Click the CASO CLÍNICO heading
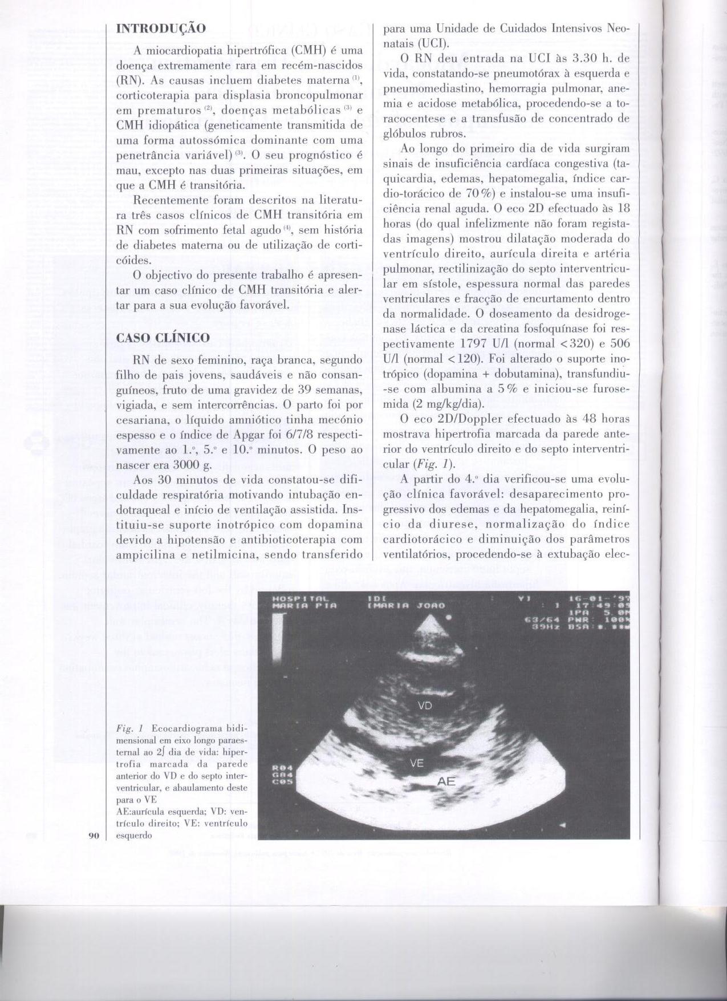tap(163, 338)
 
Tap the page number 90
tap(94, 836)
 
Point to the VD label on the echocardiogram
tap(425, 706)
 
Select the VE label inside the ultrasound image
tap(417, 763)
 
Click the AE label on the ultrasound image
tap(446, 781)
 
